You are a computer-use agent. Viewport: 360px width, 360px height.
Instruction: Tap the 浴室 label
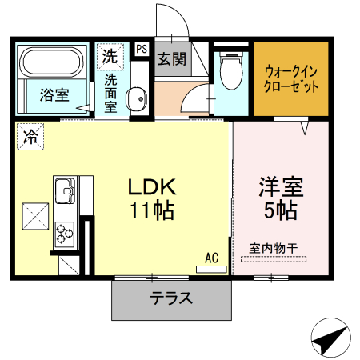(54, 94)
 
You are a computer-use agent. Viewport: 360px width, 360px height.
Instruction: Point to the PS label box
(142, 49)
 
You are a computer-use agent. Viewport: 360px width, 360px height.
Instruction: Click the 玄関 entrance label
(170, 58)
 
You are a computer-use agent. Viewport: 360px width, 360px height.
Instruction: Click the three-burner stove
(64, 235)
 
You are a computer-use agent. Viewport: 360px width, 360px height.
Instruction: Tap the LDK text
(152, 186)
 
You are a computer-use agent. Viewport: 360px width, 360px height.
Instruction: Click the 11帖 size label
(153, 211)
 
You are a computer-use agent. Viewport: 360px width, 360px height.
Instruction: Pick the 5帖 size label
(278, 211)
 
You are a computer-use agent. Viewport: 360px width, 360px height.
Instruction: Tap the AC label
(211, 258)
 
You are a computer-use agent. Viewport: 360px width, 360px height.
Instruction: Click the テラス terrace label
(171, 299)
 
